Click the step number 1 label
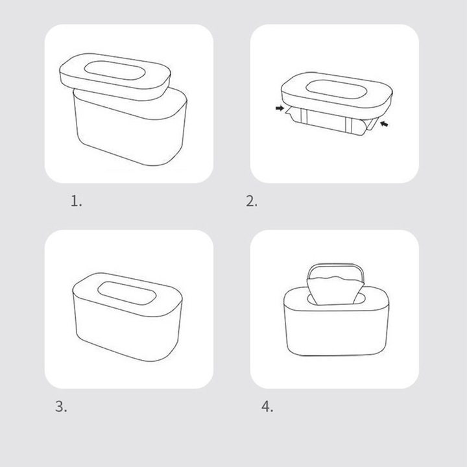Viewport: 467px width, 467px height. click(76, 201)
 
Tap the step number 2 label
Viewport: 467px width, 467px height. click(252, 201)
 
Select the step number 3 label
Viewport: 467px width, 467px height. click(61, 407)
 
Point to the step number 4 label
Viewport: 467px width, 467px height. click(267, 407)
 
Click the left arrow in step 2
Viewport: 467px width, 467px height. click(280, 108)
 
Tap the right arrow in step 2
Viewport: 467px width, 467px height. click(384, 124)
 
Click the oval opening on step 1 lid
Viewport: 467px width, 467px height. click(115, 71)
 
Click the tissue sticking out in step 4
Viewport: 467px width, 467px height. click(335, 290)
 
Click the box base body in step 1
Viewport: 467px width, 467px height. click(130, 131)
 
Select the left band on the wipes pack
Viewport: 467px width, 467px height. click(303, 115)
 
